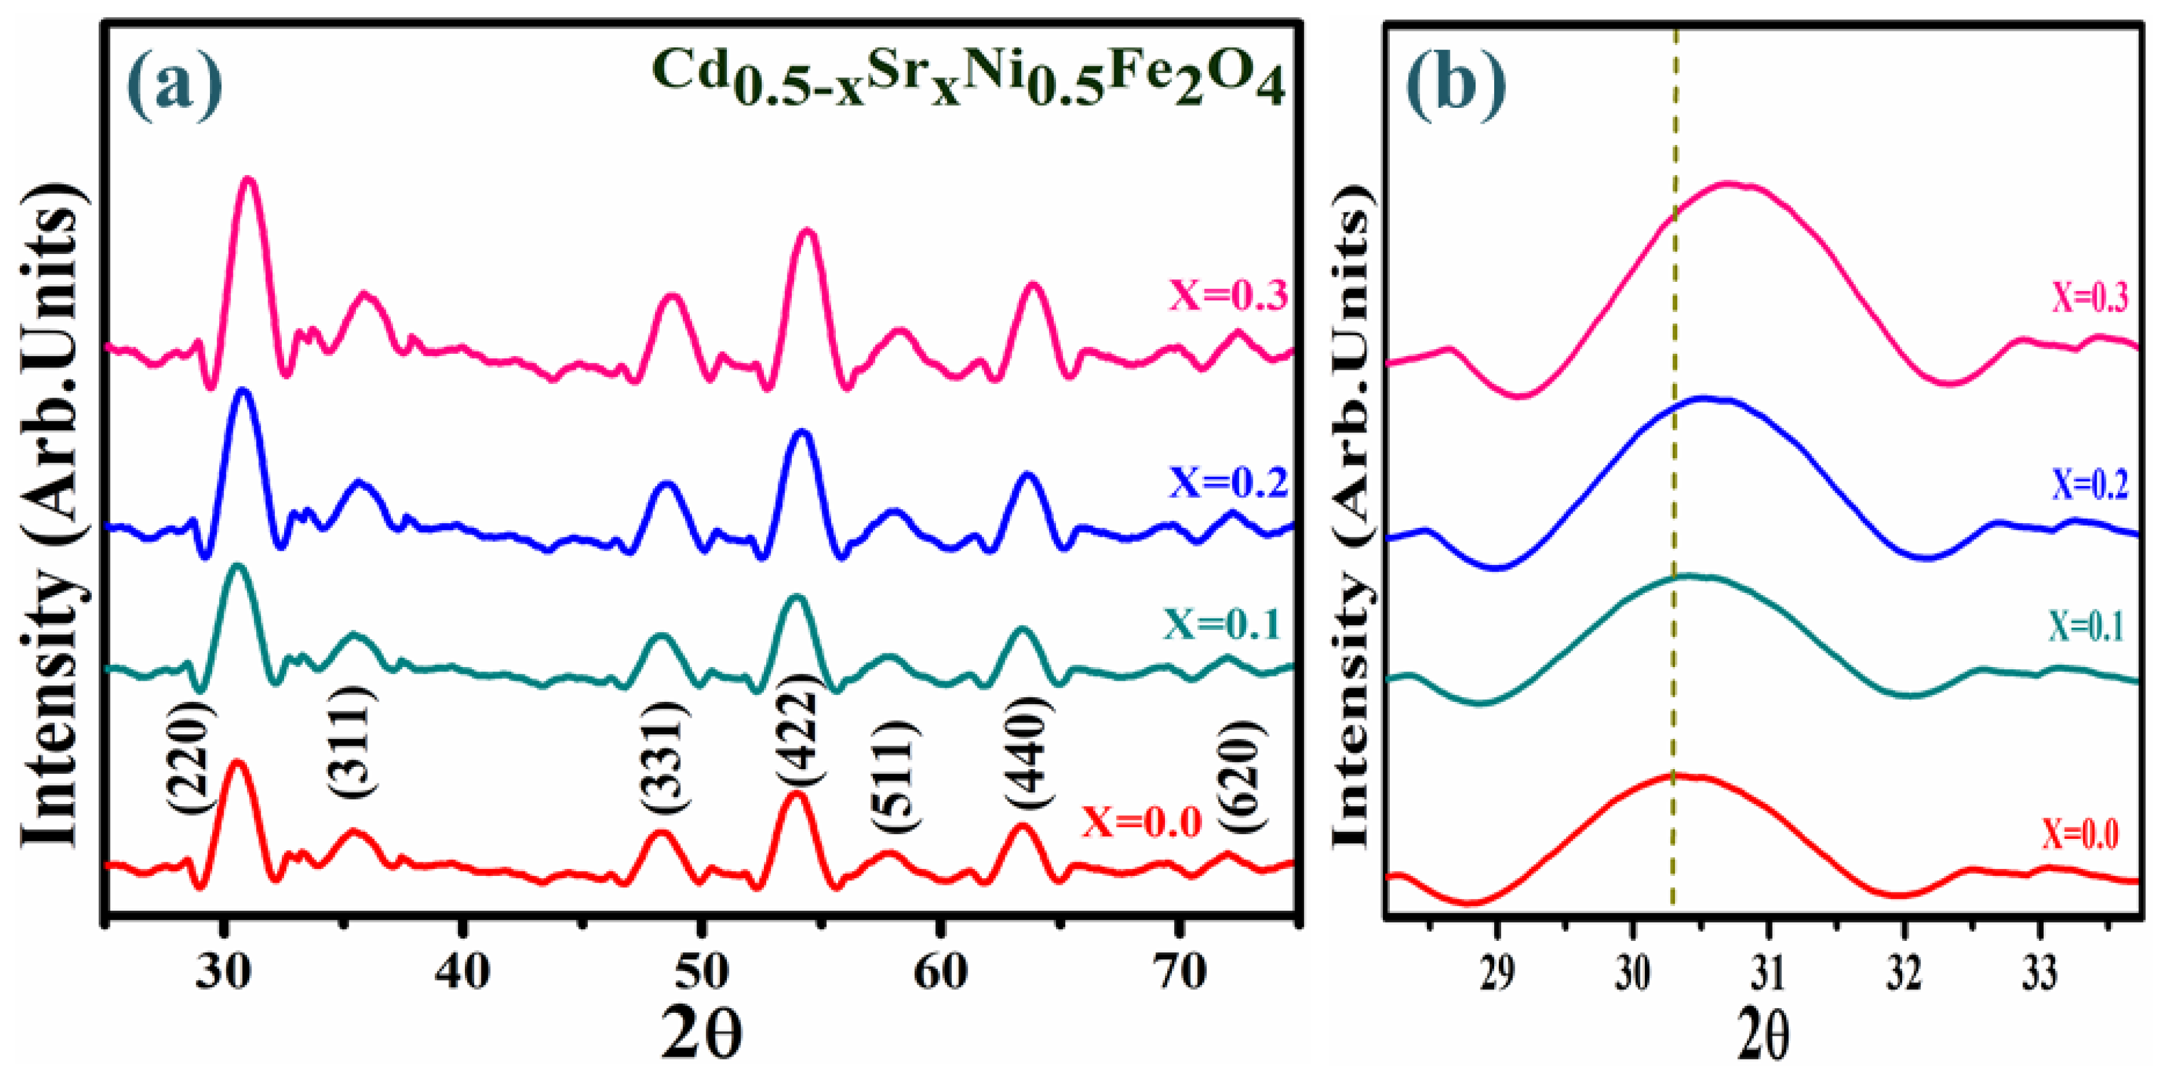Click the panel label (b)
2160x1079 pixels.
[1455, 84]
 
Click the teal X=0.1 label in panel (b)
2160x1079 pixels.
[2086, 627]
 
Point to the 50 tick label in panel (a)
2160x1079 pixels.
[701, 972]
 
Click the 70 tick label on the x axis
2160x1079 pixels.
[1179, 972]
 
